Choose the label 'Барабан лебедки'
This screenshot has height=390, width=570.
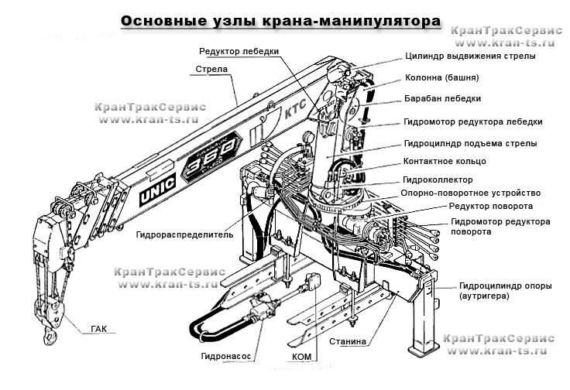tap(443, 99)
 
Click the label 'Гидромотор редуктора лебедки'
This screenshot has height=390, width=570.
tap(473, 121)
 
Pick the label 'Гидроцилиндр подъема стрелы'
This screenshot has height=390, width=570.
tap(471, 143)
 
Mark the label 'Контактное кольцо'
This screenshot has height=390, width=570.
tap(445, 161)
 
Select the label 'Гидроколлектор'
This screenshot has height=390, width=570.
tap(438, 178)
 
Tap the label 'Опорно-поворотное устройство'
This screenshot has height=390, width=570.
tap(470, 193)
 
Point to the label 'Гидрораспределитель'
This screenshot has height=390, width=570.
tap(184, 234)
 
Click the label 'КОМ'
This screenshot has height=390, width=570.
tap(303, 357)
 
